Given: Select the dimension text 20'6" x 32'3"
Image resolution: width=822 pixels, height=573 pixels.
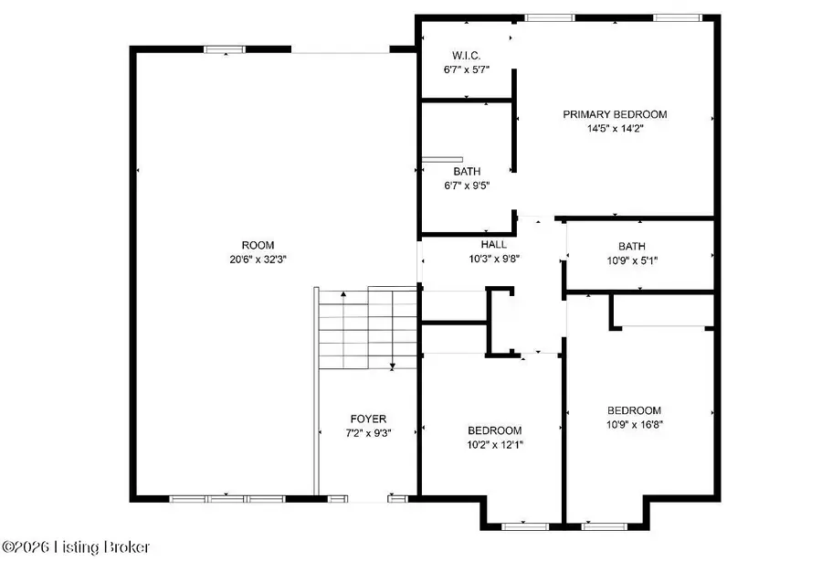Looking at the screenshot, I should pyautogui.click(x=251, y=260).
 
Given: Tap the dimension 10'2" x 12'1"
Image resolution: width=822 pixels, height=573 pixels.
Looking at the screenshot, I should pyautogui.click(x=494, y=445).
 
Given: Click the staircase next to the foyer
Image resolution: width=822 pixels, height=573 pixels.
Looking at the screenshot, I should pyautogui.click(x=365, y=326).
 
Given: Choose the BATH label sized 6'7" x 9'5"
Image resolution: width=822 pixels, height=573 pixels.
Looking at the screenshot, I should pyautogui.click(x=467, y=171).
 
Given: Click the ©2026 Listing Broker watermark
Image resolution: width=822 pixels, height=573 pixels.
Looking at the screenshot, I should pyautogui.click(x=77, y=547).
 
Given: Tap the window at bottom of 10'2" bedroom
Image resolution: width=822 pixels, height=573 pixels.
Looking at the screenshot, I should pyautogui.click(x=524, y=526).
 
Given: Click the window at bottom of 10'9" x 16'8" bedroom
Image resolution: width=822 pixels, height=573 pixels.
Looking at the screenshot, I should pyautogui.click(x=604, y=526).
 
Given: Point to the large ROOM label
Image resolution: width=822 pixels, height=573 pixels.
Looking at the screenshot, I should pyautogui.click(x=251, y=245).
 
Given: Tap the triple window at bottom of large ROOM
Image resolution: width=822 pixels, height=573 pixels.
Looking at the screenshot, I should pyautogui.click(x=223, y=499).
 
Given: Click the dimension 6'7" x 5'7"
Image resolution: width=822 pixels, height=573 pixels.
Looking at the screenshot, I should pyautogui.click(x=466, y=68).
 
